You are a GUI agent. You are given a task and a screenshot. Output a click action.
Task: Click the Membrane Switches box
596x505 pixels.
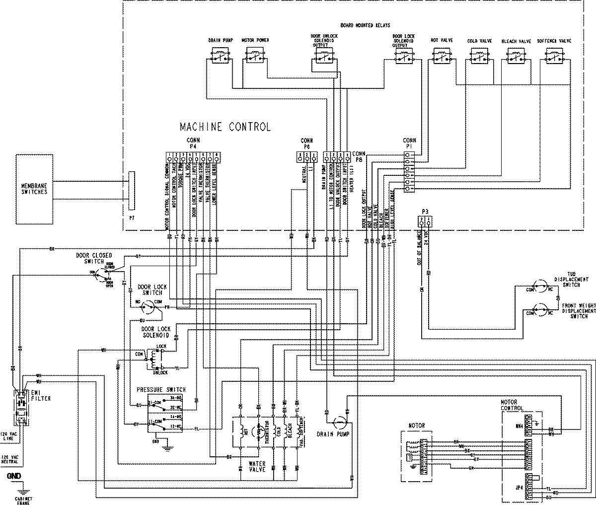[x=34, y=189]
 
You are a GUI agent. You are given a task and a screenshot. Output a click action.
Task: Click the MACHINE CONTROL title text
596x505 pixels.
[x=225, y=127]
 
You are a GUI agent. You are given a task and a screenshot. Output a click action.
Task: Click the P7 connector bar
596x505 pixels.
[x=132, y=191]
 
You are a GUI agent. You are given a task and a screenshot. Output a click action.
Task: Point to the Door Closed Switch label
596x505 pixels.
[x=94, y=258]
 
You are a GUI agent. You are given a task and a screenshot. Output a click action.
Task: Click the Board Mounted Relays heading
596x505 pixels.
[x=365, y=25]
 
